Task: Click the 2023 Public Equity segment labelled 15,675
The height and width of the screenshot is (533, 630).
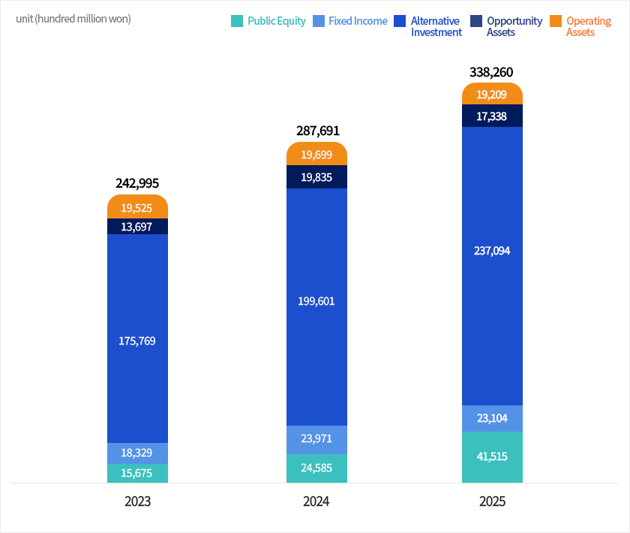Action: pos(137,473)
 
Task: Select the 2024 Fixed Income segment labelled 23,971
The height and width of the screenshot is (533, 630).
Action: pos(316,439)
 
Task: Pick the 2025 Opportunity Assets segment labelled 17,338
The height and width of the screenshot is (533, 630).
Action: pos(492,116)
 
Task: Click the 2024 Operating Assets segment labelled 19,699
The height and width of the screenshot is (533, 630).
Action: pos(316,154)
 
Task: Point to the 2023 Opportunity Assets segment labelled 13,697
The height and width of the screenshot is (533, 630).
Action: pos(137,226)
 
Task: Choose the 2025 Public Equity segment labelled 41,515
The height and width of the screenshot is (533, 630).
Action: pos(492,456)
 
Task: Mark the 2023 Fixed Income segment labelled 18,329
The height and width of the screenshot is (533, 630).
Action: pos(137,453)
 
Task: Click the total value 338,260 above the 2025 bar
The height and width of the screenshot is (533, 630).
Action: pos(492,72)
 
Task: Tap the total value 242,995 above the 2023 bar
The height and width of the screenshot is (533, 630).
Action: pos(137,183)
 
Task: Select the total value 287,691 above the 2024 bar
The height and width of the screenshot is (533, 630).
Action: pos(317,131)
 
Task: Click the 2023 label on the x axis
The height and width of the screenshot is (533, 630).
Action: pos(137,501)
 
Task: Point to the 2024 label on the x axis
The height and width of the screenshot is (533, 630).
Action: pos(316,501)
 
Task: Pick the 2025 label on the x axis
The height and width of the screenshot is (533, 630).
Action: pos(492,501)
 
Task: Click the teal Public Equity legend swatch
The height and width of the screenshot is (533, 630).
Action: pos(237,21)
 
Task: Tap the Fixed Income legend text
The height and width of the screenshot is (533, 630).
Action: pos(358,21)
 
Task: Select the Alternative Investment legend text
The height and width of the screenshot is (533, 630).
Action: pos(436,26)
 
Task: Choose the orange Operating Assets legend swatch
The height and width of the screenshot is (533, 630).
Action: pos(555,21)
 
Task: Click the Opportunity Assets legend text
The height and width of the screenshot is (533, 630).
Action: pos(514,26)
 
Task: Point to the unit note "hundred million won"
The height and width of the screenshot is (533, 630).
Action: pos(73,18)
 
